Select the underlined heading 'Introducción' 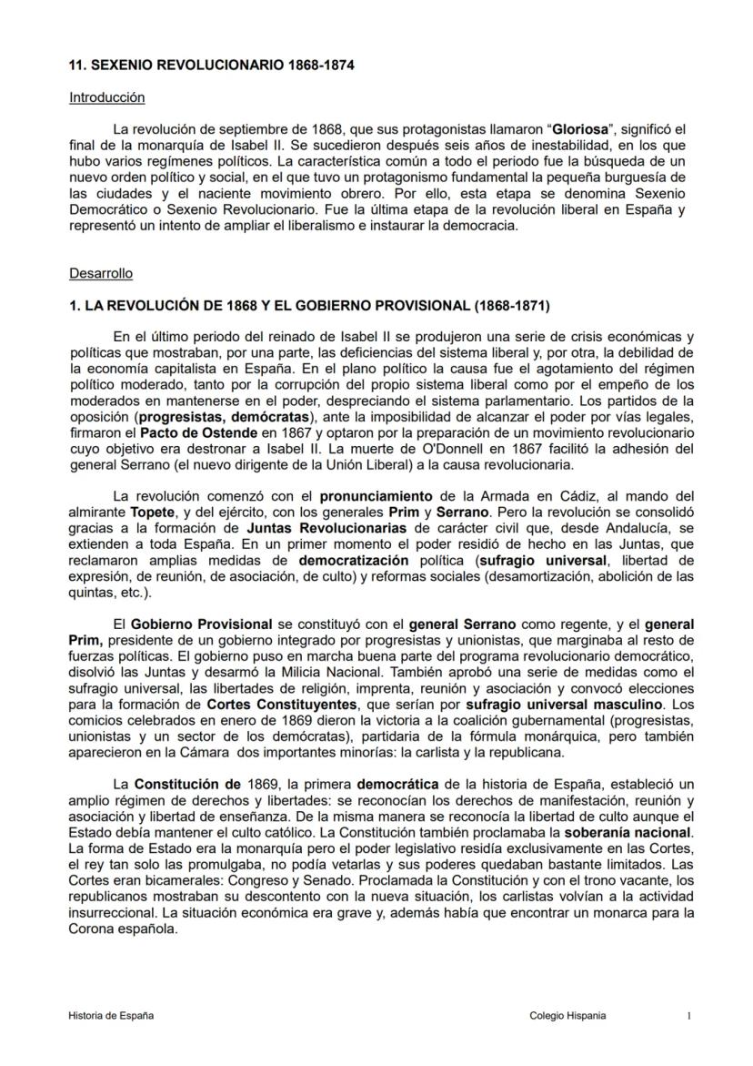106,96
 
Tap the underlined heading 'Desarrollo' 101,273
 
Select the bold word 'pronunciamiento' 376,496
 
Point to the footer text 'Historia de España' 111,1015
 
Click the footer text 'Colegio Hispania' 567,1015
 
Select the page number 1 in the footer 688,1015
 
